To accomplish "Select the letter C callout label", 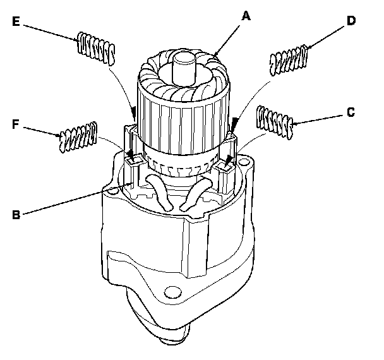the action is pyautogui.click(x=351, y=113).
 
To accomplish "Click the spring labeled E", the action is pyautogui.click(x=97, y=48).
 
